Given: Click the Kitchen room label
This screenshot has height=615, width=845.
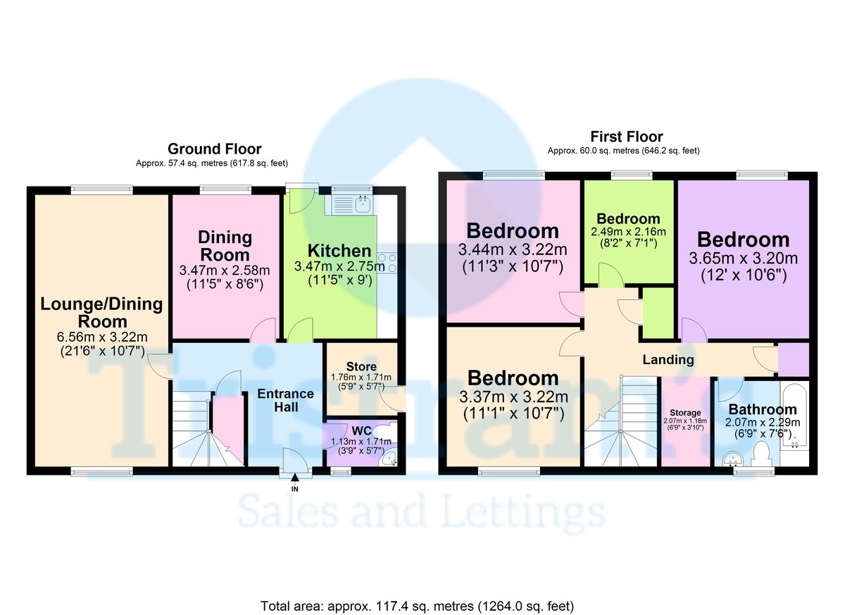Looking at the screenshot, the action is click(x=339, y=251).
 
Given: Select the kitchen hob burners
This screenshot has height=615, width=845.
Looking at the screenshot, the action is click(x=387, y=263).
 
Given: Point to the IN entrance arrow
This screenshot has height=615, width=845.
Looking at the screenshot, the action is click(x=295, y=478).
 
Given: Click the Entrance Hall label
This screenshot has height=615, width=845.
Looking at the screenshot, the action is click(x=286, y=400).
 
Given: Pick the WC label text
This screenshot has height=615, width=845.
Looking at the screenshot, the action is click(x=361, y=430).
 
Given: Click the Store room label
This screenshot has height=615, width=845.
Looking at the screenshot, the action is click(x=361, y=366).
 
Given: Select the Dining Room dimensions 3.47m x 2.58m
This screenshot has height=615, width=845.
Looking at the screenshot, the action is click(x=225, y=270).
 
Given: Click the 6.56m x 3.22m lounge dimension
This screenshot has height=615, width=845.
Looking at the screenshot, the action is click(x=102, y=337).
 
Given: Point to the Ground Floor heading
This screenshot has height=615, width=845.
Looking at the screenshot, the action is click(x=214, y=149).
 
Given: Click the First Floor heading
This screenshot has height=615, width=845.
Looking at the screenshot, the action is click(x=627, y=136).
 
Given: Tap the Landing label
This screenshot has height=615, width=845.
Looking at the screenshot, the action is click(x=668, y=359).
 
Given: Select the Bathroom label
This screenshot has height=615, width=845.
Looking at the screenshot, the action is click(x=763, y=409).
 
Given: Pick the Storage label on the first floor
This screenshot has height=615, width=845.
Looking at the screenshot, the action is click(x=685, y=413).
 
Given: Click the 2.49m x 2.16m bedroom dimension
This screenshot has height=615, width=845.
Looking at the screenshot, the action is click(x=628, y=232).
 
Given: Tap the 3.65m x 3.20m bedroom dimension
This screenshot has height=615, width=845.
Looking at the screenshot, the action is click(x=744, y=259).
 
